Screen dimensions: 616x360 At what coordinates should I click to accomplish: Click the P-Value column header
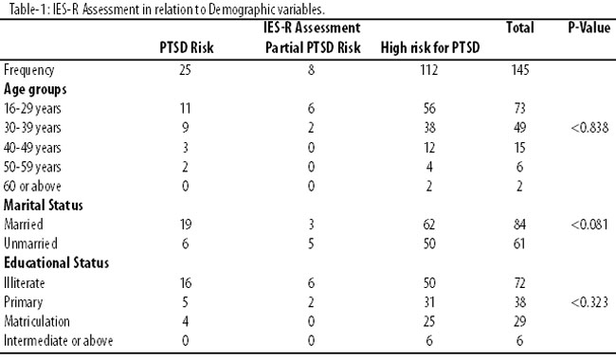[x=589, y=27]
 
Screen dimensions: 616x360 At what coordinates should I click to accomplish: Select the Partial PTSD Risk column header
[x=313, y=48]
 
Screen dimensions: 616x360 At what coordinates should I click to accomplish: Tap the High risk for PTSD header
[x=430, y=48]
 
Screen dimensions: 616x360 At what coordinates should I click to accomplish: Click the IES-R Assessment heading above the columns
[x=312, y=27]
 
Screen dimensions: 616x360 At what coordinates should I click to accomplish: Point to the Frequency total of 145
[x=520, y=70]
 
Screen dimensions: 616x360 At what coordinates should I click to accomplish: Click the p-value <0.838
[x=589, y=128]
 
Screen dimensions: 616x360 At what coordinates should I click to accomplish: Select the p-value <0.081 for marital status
[x=589, y=225]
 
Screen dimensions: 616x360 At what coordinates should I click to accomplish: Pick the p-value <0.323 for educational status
[x=589, y=302]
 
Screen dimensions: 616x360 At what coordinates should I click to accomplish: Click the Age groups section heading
[x=35, y=89]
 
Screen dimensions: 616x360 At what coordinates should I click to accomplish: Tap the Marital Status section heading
[x=44, y=205]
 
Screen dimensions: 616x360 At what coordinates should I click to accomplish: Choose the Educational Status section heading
[x=56, y=262]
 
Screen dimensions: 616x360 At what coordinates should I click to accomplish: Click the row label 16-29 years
[x=32, y=109]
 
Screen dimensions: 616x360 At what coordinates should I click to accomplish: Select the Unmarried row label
[x=30, y=243]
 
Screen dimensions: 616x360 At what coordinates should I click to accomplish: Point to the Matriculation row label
[x=37, y=321]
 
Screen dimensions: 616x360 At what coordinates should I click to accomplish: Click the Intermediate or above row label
[x=58, y=340]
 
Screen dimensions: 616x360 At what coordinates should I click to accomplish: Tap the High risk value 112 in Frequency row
[x=428, y=70]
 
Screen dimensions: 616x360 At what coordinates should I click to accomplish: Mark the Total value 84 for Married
[x=519, y=225]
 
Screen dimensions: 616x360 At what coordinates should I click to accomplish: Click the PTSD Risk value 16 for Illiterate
[x=186, y=283]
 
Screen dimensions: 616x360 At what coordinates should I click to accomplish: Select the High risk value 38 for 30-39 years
[x=429, y=128]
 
